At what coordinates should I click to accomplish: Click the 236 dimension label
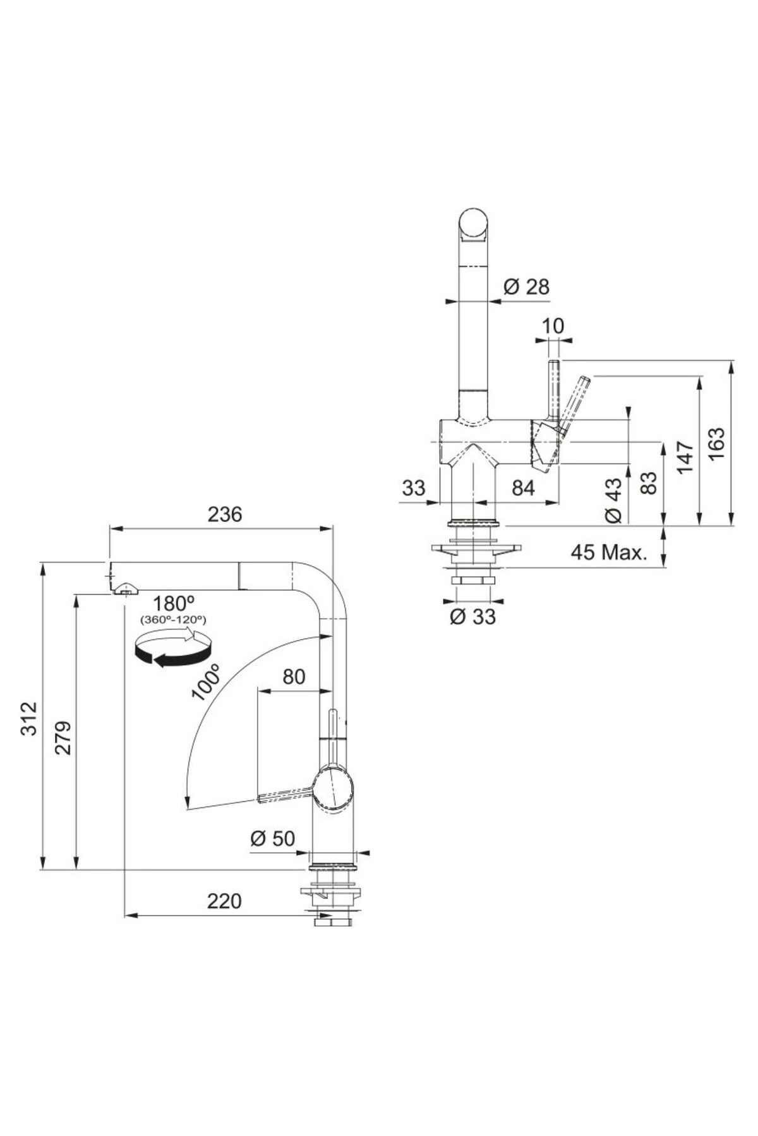(225, 514)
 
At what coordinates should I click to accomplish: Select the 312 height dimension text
(30, 718)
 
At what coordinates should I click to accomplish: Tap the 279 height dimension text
(63, 737)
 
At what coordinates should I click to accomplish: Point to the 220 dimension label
(225, 901)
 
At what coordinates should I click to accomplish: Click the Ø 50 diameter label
(273, 838)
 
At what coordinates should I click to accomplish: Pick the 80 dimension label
(294, 677)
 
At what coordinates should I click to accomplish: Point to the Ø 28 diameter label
(526, 287)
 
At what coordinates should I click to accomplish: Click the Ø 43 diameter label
(613, 500)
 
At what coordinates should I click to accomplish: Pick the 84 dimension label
(523, 487)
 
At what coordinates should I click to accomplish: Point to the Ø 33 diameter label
(472, 616)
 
